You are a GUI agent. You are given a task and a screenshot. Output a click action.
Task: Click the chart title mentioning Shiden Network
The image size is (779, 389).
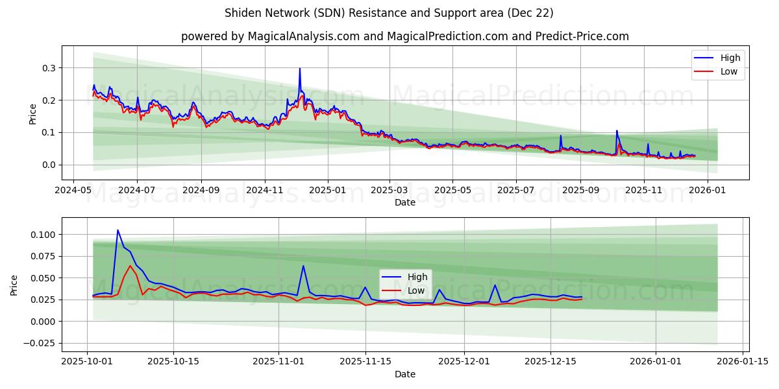point(389,13)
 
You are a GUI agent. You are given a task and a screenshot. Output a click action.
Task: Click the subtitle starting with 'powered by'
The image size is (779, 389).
point(404,36)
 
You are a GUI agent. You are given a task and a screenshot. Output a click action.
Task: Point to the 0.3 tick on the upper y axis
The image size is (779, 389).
point(48,68)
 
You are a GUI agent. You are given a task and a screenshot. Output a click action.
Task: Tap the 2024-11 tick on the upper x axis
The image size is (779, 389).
point(265,191)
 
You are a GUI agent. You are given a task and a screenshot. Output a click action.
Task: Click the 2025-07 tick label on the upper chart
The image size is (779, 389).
point(515,191)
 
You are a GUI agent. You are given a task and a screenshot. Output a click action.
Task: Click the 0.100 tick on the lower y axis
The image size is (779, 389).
point(43,234)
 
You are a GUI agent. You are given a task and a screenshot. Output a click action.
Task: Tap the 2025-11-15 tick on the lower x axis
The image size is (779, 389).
point(365,362)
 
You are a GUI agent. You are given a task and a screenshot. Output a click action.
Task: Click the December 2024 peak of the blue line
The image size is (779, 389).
point(299,69)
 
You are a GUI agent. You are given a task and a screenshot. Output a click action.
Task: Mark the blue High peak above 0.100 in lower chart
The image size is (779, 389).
point(117,230)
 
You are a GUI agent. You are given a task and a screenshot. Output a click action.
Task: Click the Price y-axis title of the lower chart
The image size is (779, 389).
point(14,285)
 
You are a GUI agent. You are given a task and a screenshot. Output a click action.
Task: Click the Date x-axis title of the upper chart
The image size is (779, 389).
point(404,203)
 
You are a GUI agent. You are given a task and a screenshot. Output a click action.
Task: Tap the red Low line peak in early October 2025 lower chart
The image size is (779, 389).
point(130,266)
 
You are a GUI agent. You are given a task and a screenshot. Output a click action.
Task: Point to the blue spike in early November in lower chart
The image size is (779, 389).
point(303,266)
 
